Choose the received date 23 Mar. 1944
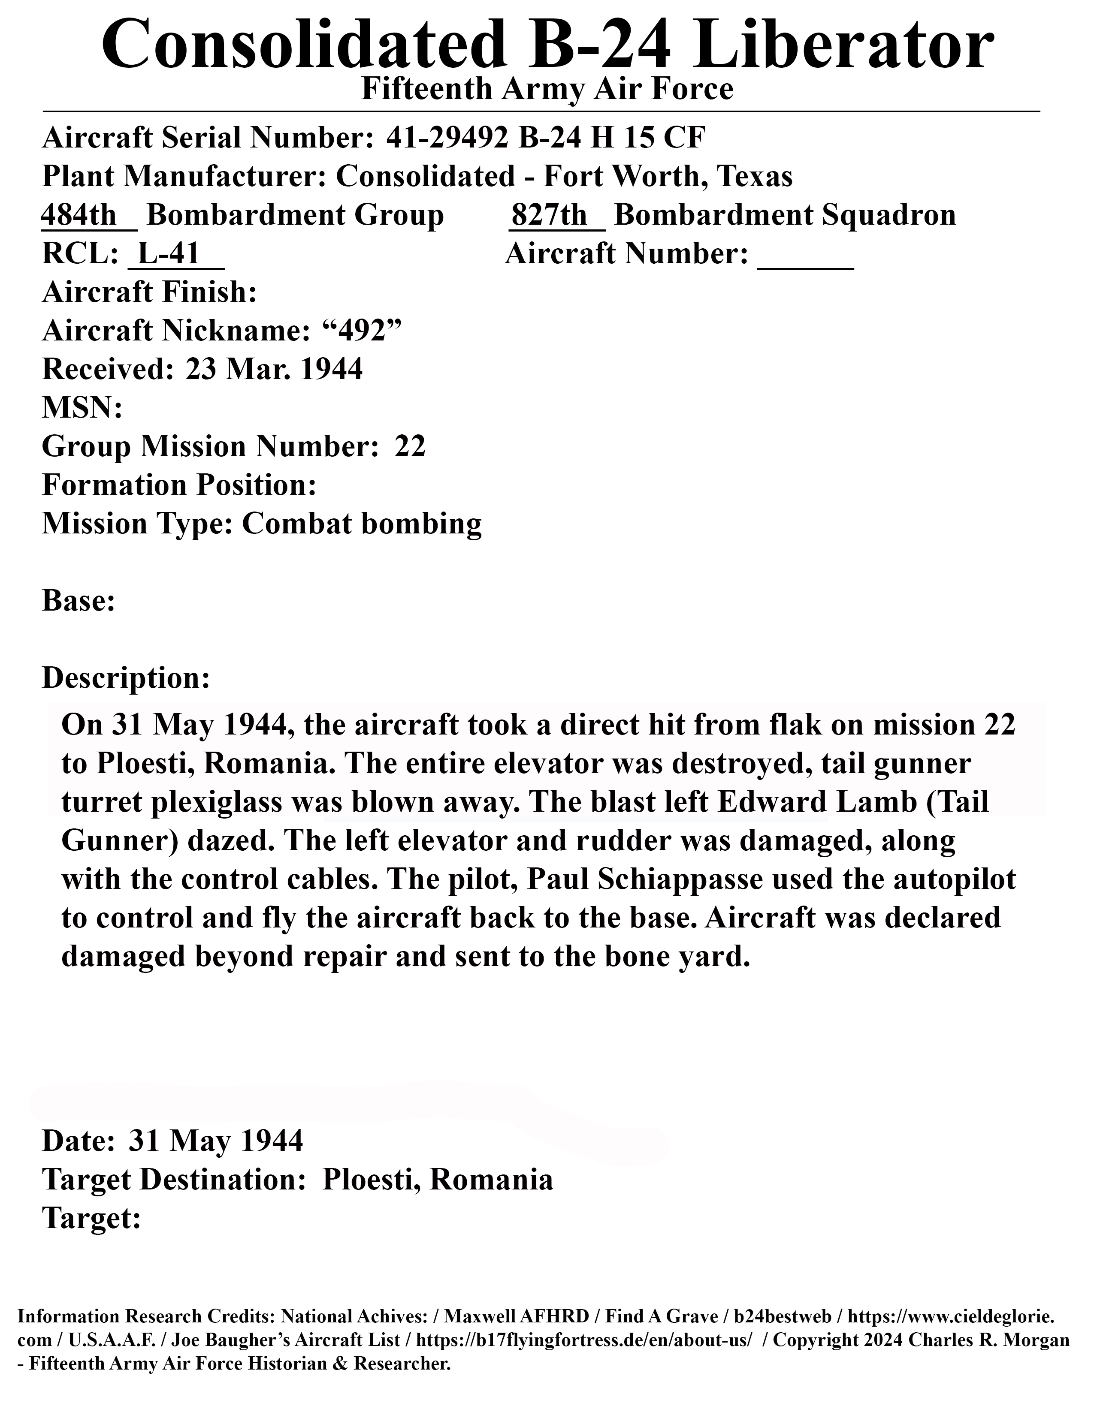tap(274, 369)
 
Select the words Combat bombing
tap(362, 524)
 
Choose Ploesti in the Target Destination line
tap(369, 1180)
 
